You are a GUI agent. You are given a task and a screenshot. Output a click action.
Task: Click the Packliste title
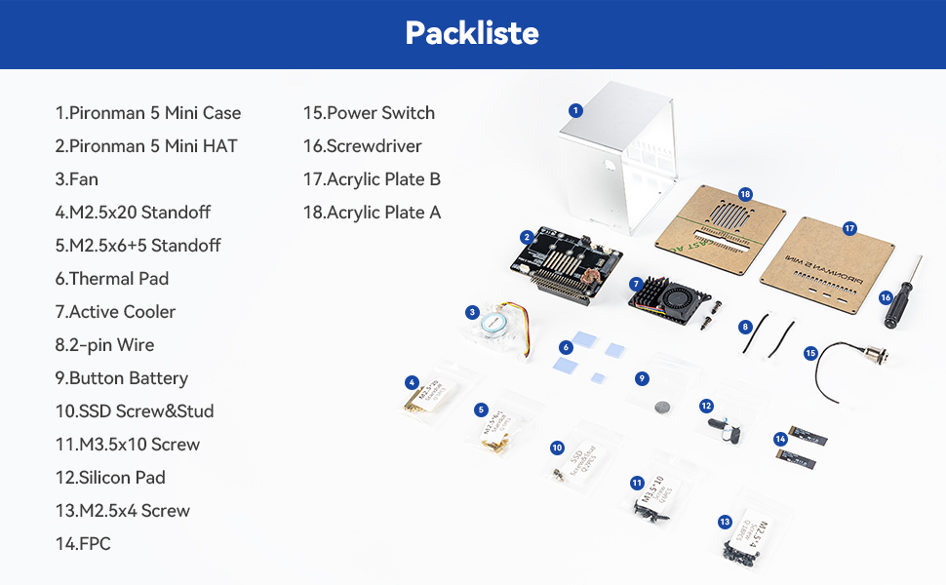coord(472,33)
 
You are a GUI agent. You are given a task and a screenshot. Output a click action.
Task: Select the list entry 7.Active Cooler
coord(115,312)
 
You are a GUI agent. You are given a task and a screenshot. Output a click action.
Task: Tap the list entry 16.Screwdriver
coord(362,146)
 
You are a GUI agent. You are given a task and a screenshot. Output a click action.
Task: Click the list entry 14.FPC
coord(83,544)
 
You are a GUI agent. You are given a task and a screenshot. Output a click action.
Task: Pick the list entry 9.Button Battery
coord(121,378)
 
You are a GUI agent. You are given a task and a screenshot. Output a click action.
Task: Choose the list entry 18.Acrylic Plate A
coord(372,213)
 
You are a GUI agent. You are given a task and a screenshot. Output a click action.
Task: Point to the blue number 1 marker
coord(575,110)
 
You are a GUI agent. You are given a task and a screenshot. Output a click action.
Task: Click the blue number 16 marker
coord(886,297)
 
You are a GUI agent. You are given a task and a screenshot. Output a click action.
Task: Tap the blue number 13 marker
coord(725,522)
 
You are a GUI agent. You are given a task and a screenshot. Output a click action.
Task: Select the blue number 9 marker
coord(641,378)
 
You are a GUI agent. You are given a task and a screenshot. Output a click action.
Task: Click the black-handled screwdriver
coord(902,297)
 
